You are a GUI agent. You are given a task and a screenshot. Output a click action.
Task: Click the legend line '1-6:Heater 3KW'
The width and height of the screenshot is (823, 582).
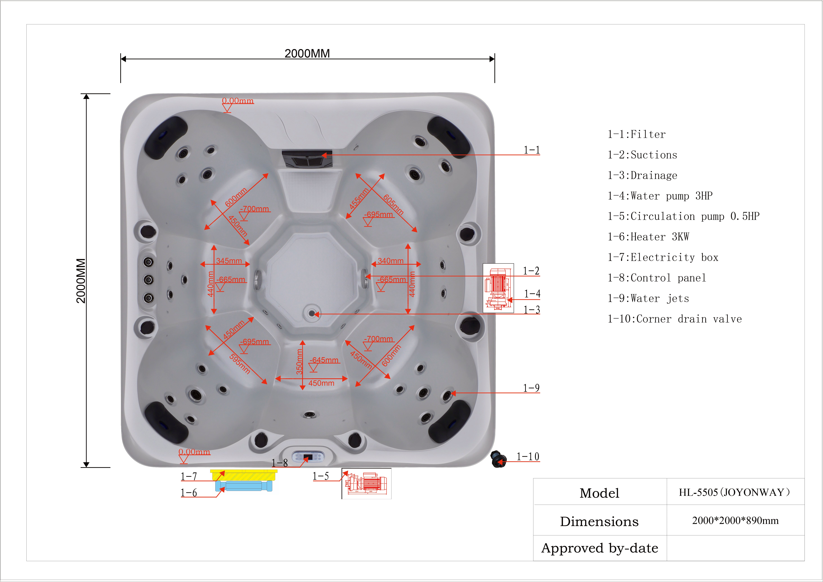(x=648, y=237)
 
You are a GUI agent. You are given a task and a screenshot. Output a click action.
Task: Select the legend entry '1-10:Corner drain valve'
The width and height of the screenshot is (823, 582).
(x=675, y=319)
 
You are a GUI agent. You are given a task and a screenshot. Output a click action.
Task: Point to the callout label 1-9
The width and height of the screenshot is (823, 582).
(x=531, y=388)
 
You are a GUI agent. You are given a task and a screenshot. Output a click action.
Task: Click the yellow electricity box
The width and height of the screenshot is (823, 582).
(x=244, y=475)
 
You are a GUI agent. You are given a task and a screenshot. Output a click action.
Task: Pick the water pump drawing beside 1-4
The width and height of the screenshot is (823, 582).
(x=498, y=288)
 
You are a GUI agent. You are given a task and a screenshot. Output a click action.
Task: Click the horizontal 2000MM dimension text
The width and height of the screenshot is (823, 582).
(x=307, y=53)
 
